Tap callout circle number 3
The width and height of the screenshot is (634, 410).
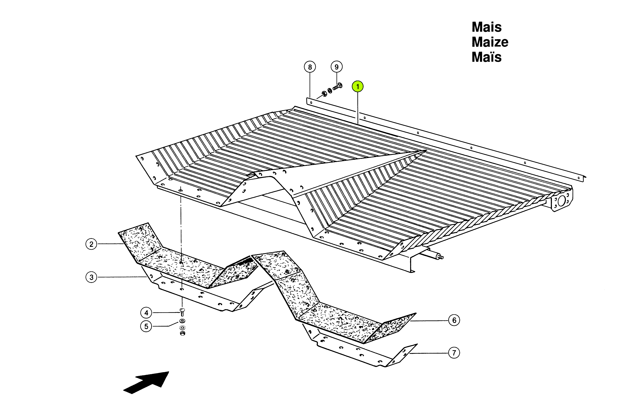91,277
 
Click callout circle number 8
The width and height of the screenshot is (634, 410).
310,67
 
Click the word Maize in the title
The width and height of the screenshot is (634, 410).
490,42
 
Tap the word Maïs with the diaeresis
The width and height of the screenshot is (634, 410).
487,57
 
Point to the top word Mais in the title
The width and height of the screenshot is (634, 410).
487,27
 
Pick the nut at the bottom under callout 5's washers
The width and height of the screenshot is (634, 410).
183,333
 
